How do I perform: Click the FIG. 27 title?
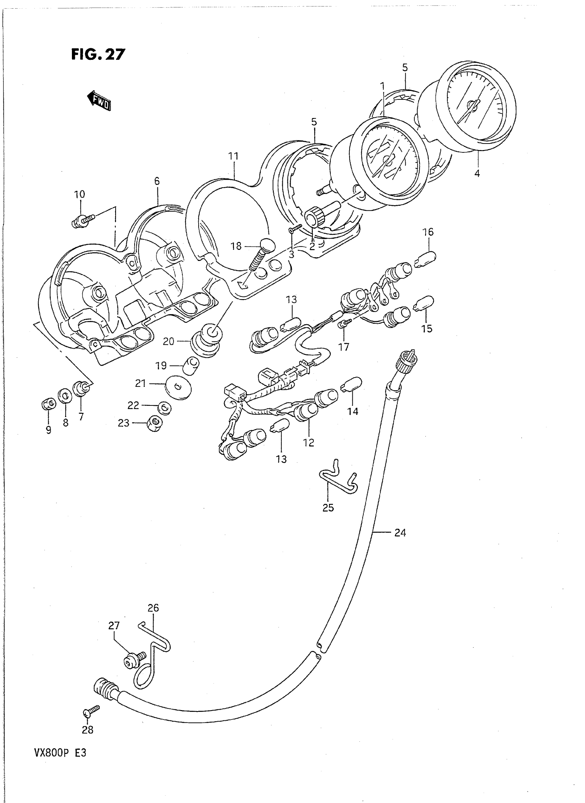98,54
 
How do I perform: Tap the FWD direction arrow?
99,101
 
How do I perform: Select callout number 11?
233,156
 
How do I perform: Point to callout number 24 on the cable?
400,532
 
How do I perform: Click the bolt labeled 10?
82,221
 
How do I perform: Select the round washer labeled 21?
178,387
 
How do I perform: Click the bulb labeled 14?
351,385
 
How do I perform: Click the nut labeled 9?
48,404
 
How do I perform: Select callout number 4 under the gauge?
477,173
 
